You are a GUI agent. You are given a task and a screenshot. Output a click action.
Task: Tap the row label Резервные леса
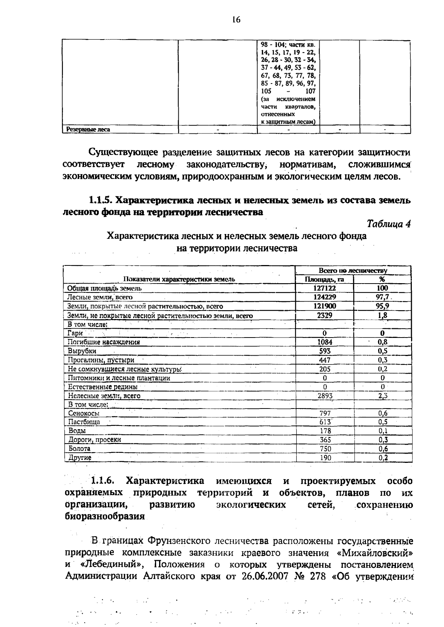88,130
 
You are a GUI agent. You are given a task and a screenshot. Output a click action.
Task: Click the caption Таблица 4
388,224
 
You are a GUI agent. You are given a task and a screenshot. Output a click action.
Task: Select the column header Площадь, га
324,279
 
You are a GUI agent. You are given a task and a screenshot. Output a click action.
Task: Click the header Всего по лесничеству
353,271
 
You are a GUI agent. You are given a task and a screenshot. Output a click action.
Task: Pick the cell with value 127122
324,288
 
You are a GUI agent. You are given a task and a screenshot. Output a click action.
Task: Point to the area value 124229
324,297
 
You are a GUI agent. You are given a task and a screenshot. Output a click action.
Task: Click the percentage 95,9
382,306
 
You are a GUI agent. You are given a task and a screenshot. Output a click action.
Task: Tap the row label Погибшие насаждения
104,342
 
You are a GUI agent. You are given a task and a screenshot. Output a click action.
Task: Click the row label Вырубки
82,351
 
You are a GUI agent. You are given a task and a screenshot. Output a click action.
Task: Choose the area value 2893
325,396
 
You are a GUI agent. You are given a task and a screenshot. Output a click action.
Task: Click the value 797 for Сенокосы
325,414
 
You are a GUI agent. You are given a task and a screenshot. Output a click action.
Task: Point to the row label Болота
80,449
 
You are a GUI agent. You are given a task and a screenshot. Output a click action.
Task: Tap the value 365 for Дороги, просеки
325,440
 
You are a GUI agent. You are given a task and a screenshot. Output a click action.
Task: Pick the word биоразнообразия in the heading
105,516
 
